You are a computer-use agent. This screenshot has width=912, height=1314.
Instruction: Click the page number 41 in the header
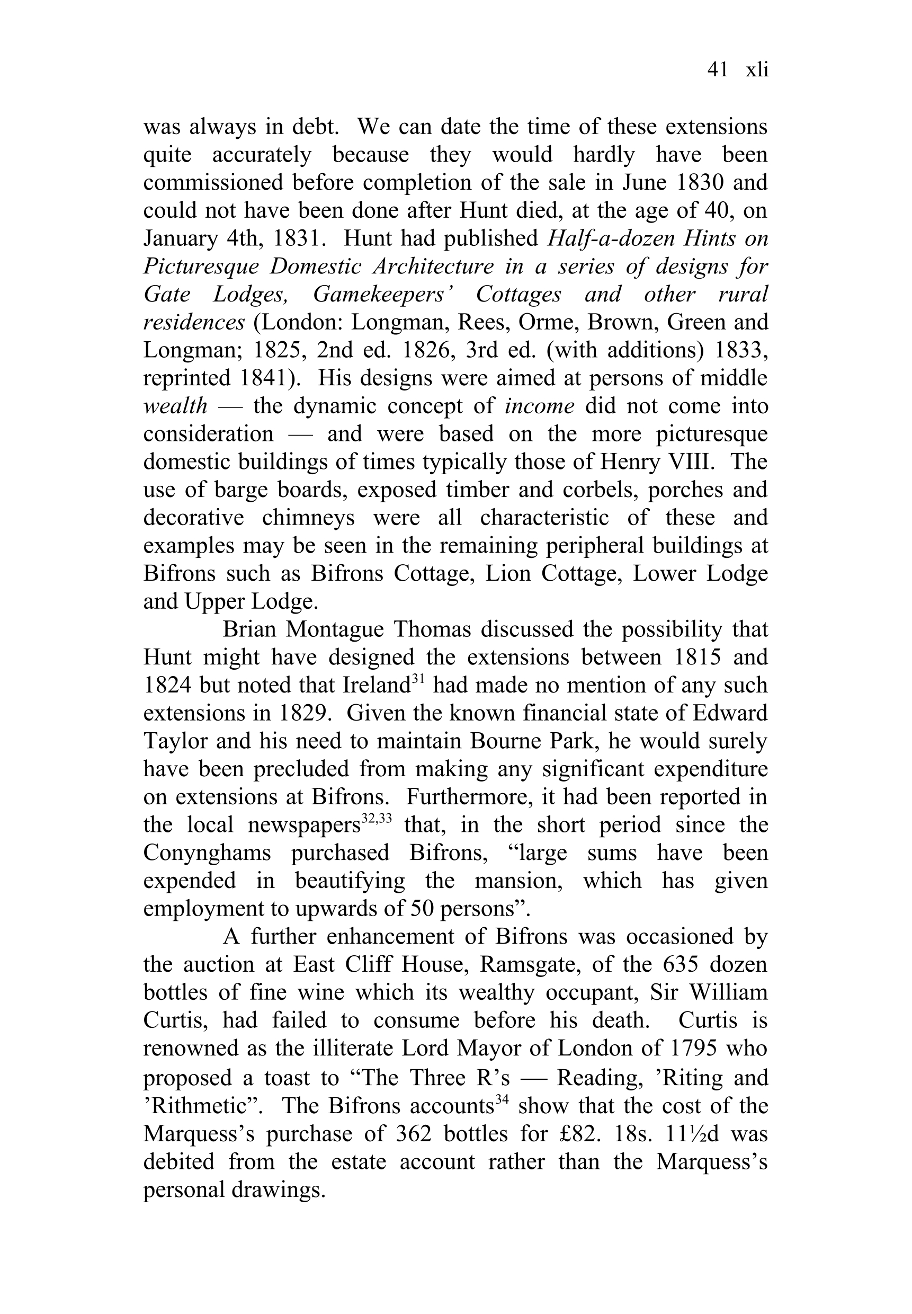point(717,70)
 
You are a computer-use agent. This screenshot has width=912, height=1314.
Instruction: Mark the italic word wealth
point(175,406)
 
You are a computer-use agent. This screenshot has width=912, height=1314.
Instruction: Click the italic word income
point(540,406)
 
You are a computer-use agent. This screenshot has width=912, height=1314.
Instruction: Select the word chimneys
point(308,518)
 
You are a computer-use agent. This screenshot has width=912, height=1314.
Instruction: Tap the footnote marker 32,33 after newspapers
point(377,819)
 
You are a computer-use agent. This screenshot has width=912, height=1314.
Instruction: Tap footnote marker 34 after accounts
point(502,1099)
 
